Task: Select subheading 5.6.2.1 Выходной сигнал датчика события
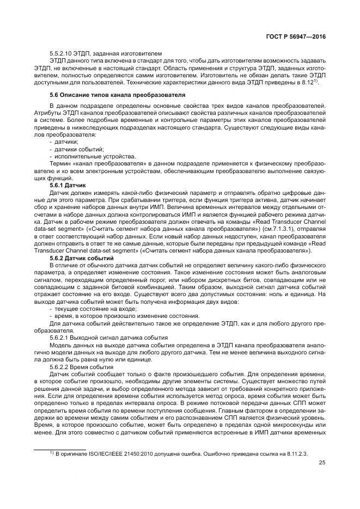tap(108, 338)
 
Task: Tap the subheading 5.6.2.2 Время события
tap(82, 367)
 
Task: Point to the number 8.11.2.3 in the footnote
tap(298, 453)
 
